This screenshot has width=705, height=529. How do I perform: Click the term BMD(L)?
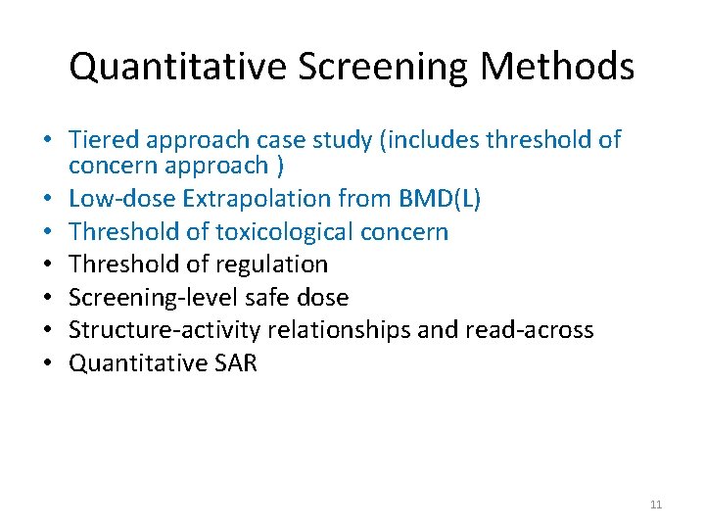pyautogui.click(x=437, y=199)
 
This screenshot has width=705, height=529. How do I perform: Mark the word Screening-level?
pyautogui.click(x=149, y=298)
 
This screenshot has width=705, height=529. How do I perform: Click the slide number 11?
pyautogui.click(x=655, y=505)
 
